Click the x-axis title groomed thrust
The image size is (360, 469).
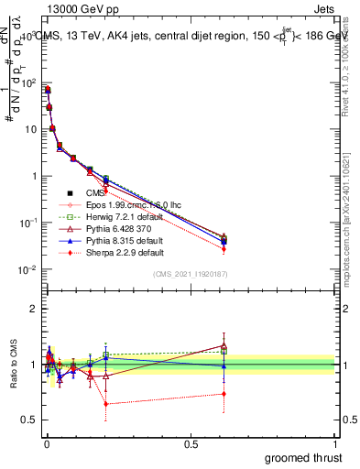tap(303, 457)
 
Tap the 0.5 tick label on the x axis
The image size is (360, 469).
tap(191, 442)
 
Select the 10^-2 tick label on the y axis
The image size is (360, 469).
tap(25, 269)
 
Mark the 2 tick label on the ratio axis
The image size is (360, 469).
tap(32, 309)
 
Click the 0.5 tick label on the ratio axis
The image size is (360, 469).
tap(28, 420)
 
